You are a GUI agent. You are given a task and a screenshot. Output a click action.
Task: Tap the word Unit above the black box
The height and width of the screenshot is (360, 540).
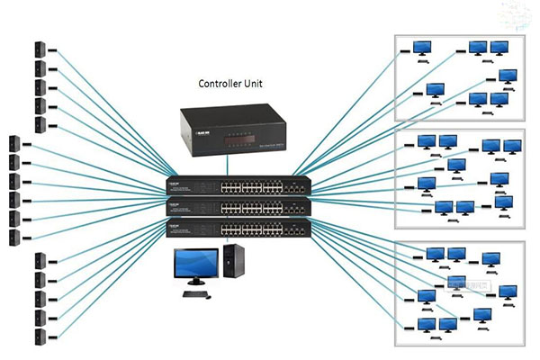click(265, 84)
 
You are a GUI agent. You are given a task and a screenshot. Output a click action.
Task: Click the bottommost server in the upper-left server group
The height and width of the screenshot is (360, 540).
click(40, 126)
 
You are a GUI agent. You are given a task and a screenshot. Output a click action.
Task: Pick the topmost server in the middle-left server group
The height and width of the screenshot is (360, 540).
click(14, 142)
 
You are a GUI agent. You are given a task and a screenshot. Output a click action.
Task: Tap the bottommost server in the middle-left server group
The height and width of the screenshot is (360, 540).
click(14, 238)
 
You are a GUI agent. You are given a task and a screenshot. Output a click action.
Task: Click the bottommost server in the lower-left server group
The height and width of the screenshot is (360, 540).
click(40, 337)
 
